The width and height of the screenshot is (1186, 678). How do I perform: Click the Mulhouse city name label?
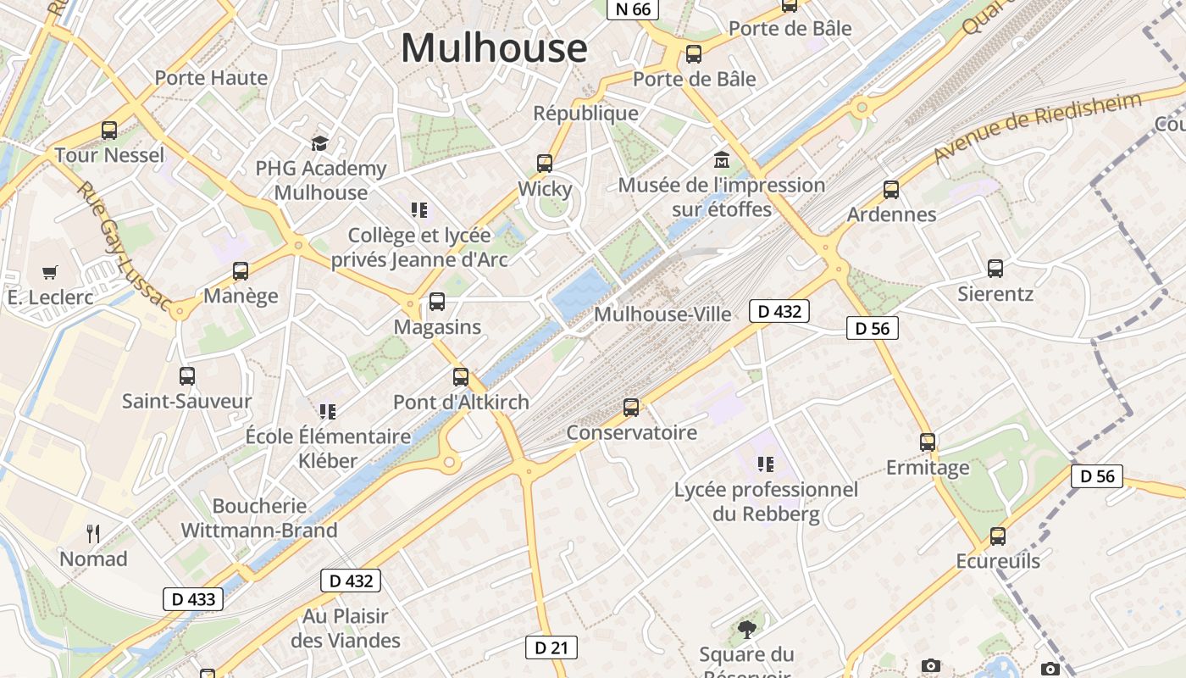[x=493, y=47]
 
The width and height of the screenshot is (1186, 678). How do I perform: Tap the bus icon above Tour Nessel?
[x=109, y=131]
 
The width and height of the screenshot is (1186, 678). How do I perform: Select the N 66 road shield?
[x=633, y=9]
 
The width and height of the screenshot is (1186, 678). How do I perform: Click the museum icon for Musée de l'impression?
[x=722, y=159]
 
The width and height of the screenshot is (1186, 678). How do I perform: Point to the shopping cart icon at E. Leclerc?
[x=50, y=272]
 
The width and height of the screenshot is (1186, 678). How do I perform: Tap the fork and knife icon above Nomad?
[x=93, y=533]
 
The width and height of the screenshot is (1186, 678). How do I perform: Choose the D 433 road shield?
[x=193, y=599]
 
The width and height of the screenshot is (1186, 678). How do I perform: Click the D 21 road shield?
[x=551, y=648]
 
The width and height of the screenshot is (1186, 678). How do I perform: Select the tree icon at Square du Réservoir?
[x=746, y=629]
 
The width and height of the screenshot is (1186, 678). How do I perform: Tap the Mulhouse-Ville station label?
[x=662, y=314]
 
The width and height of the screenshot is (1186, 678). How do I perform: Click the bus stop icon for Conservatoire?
[x=631, y=408]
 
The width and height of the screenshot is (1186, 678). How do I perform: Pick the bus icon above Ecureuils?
[x=998, y=536]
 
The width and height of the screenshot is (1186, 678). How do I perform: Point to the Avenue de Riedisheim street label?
[x=1038, y=127]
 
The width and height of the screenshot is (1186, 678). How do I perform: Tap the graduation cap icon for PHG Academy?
[x=319, y=143]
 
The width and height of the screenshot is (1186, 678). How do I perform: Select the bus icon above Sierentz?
[x=995, y=269]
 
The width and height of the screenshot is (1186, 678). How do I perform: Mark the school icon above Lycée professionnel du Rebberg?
[x=766, y=464]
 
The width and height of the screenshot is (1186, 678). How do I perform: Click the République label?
[x=585, y=113]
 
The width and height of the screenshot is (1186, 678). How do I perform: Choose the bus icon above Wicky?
[x=545, y=164]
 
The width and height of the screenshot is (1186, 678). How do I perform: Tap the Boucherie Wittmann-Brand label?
[x=259, y=518]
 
